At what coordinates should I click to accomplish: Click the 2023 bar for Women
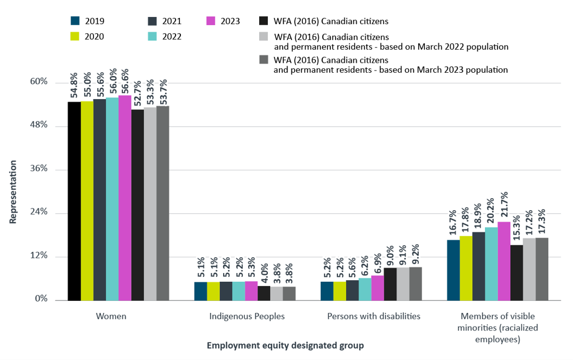(x=125, y=198)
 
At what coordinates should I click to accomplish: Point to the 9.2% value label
(x=416, y=254)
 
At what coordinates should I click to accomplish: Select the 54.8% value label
(x=74, y=86)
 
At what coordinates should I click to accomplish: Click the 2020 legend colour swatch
(x=75, y=36)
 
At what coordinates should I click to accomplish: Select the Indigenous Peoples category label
(x=247, y=316)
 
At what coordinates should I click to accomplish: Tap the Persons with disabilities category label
(x=373, y=316)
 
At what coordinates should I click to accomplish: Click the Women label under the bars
(x=110, y=316)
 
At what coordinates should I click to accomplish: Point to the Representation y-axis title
(x=13, y=191)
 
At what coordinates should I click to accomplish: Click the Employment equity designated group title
(x=285, y=346)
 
